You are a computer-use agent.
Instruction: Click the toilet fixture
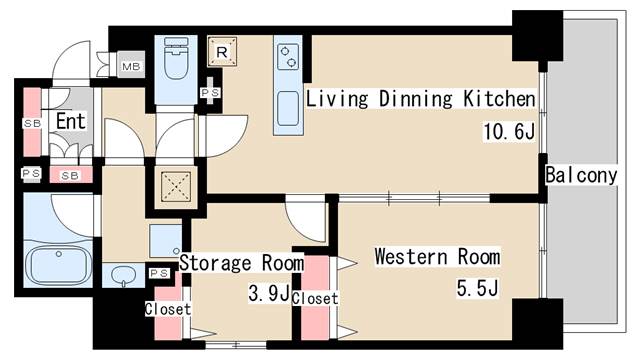point(176,58)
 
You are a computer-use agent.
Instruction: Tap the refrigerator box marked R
point(222,51)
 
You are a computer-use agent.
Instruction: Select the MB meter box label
point(131,66)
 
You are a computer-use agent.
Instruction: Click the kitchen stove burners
point(288,57)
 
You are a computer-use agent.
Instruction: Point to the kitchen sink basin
point(288,108)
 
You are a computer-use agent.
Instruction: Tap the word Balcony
point(581,176)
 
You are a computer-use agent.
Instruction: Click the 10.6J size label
point(509,131)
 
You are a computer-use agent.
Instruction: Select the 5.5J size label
point(477,289)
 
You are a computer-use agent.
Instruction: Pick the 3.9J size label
point(269,293)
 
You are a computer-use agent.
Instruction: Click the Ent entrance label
point(71,121)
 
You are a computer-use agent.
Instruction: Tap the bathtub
point(59,265)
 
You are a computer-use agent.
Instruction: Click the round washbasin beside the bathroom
point(123,275)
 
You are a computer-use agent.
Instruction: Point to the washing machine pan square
point(165,241)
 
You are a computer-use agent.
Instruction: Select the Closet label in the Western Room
point(315,298)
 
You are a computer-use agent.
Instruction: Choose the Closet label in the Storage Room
point(168,309)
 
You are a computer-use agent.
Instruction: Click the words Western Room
point(438,257)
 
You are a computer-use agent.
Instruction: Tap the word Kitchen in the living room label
point(499,99)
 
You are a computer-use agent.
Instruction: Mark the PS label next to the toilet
point(210,93)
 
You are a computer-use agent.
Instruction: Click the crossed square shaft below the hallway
point(176,186)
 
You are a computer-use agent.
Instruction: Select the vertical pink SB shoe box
point(32,122)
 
